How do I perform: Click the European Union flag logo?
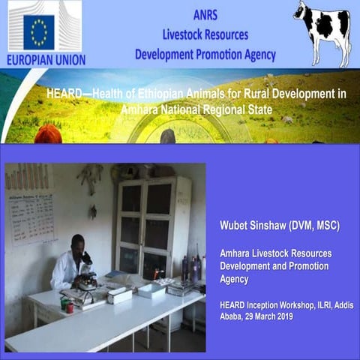pos(39,31)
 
